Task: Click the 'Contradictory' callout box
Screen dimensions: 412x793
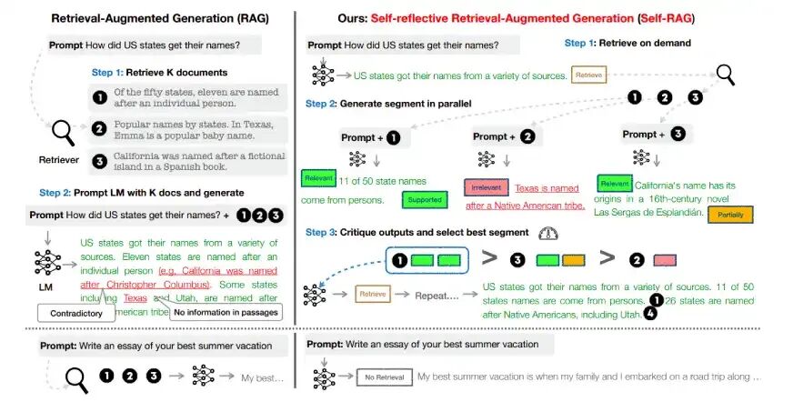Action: [76, 313]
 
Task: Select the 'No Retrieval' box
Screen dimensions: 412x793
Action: [383, 376]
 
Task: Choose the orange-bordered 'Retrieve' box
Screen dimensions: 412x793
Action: [588, 75]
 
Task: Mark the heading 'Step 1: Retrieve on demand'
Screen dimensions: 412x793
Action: [627, 43]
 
